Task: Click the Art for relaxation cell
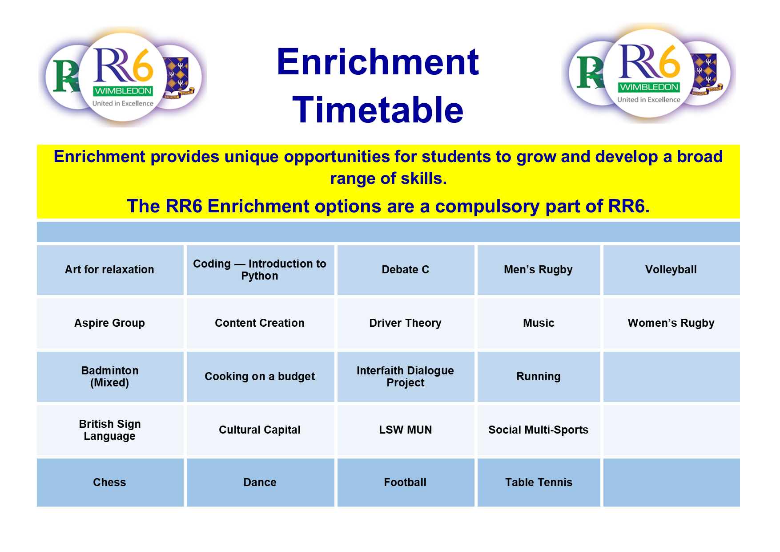(109, 270)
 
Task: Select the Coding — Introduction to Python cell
(260, 270)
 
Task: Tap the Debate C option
(405, 270)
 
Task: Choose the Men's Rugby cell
(538, 270)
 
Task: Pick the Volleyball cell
(671, 270)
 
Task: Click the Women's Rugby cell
(671, 323)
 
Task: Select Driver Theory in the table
(405, 323)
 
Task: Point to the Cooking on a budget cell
(260, 377)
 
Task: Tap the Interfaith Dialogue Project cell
(405, 377)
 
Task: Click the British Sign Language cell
(109, 430)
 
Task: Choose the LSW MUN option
(405, 430)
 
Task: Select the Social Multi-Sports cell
(538, 430)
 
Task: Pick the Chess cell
(109, 483)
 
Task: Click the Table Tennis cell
(538, 483)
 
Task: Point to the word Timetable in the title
(378, 110)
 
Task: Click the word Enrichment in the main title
(378, 62)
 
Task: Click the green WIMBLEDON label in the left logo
(123, 91)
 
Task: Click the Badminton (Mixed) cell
(109, 377)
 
